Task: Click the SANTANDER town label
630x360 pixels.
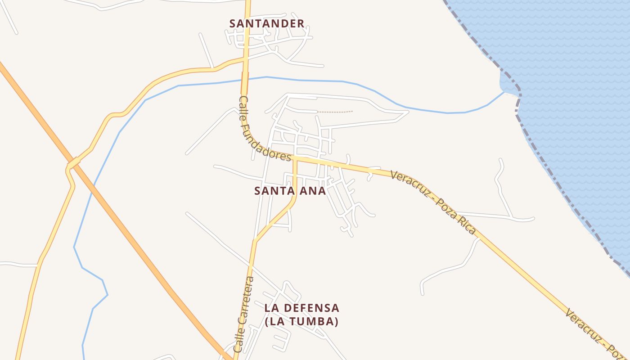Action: tap(266, 23)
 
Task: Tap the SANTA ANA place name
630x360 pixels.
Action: tap(290, 191)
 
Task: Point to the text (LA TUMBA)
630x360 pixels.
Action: tap(301, 322)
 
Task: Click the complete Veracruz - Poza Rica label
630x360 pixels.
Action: tap(432, 202)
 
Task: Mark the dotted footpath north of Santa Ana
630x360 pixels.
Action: tap(335, 112)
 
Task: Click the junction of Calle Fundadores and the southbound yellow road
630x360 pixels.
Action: tap(295, 159)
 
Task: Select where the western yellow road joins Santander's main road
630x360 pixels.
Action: tap(245, 58)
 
